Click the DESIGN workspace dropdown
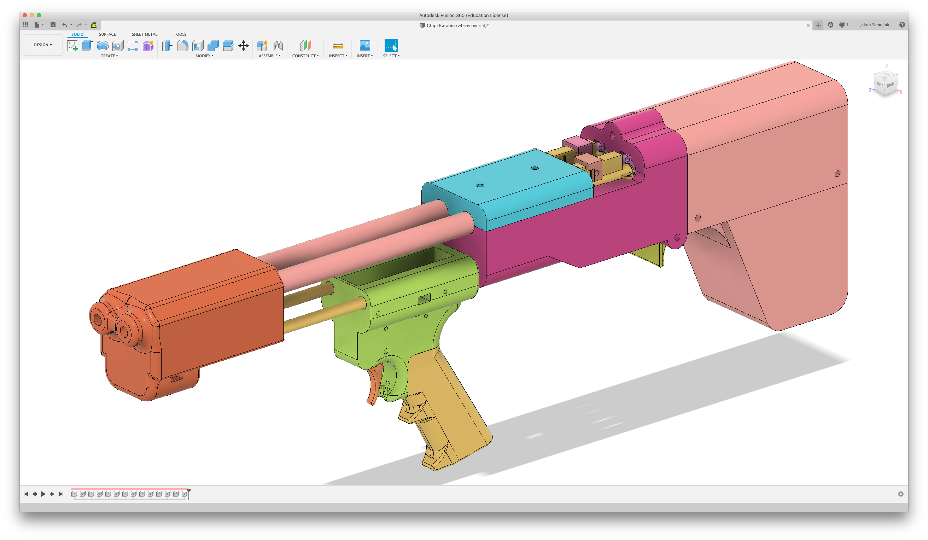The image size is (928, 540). [42, 45]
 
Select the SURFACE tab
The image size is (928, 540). [107, 34]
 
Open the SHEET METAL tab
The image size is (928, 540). [144, 34]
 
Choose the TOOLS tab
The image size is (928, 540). [180, 34]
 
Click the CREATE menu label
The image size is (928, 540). [109, 56]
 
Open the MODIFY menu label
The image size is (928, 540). [204, 56]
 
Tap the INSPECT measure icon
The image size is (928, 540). [338, 46]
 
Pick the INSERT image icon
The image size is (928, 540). [364, 46]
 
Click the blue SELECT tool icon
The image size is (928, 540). [391, 46]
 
